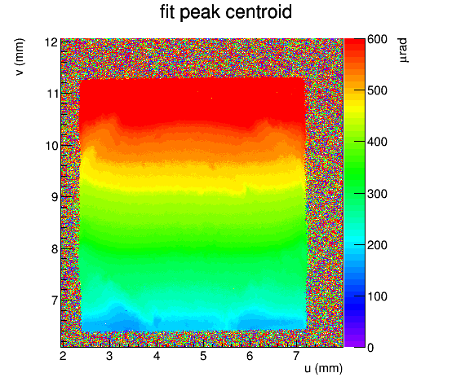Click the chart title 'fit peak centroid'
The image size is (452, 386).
pos(226,13)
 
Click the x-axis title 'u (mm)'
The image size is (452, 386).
pos(323,368)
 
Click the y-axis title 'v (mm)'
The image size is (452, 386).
pos(20,57)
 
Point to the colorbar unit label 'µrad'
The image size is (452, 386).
pos(403,50)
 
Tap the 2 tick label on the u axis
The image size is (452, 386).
pos(63,356)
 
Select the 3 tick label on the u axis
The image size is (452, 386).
pos(109,356)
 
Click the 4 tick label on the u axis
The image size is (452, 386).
pos(156,356)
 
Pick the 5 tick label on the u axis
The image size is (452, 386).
pos(203,356)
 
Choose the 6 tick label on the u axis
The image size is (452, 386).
pos(250,356)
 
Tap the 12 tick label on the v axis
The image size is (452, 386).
pos(51,42)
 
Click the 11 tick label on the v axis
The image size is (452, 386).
pos(51,94)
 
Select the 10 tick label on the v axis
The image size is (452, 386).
pos(51,146)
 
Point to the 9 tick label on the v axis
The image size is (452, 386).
pos(55,197)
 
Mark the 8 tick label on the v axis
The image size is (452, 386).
pos(55,249)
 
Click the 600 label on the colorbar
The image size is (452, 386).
pos(377,39)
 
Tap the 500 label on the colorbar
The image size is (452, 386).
pos(377,90)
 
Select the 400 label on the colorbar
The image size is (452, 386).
pos(377,142)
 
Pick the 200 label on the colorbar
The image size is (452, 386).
pos(377,245)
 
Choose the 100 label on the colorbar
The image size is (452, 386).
pos(377,296)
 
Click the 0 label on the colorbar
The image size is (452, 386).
pos(370,348)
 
